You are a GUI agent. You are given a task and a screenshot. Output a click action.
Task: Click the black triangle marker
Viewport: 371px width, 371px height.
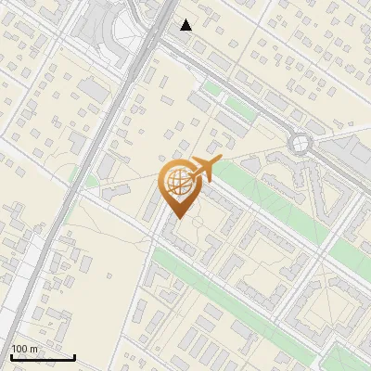coord(186,24)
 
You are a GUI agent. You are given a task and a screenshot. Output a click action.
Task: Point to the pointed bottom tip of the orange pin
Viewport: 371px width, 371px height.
coord(179,218)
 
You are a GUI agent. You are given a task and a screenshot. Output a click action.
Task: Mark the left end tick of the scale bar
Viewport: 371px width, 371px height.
coord(12,357)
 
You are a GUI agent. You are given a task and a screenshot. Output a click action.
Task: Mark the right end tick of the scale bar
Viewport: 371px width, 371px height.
coord(74,357)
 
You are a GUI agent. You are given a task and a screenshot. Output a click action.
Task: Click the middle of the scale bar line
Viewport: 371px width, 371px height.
coord(43,358)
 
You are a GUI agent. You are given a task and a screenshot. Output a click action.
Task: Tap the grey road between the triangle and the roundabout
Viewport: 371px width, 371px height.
coord(241,93)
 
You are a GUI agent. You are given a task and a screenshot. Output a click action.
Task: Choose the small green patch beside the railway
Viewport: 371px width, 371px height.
coord(90,177)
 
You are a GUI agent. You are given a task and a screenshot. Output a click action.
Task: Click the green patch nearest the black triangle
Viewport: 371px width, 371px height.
coord(213,89)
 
